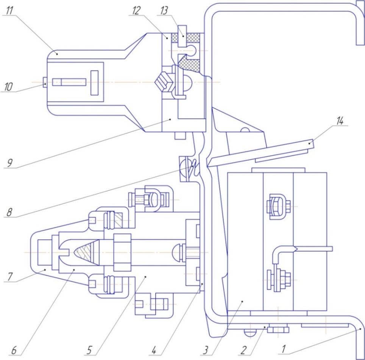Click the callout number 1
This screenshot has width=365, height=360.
click(283, 349)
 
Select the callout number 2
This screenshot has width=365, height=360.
click(243, 350)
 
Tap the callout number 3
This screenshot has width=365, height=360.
click(205, 351)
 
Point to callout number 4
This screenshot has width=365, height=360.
click(154, 351)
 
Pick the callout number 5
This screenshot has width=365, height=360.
click(89, 351)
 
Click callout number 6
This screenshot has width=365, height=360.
click(14, 351)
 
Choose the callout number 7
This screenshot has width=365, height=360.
click(10, 277)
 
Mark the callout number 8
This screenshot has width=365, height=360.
click(9, 212)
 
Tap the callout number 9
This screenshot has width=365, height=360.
click(9, 163)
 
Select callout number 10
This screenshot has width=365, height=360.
click(8, 87)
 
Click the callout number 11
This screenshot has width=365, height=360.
click(9, 11)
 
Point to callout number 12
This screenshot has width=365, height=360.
click(136, 11)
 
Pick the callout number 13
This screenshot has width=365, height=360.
click(164, 11)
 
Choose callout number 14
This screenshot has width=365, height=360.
click(340, 121)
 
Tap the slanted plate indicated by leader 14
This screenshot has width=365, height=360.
click(261, 152)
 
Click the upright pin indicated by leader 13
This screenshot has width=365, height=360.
click(182, 36)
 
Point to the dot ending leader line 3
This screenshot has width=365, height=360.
click(242, 301)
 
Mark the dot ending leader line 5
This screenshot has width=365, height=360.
click(146, 277)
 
